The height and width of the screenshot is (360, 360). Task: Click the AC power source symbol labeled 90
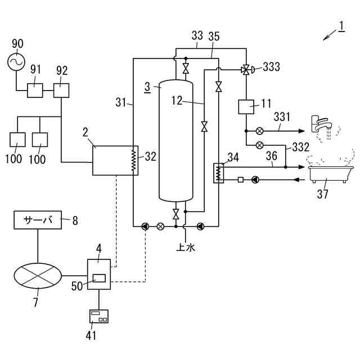[x=16, y=62]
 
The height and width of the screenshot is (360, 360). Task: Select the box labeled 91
[x=35, y=91]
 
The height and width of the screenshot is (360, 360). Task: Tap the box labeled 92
[x=61, y=91]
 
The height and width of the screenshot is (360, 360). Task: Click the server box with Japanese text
[x=38, y=220]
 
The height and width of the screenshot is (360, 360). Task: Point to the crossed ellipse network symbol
[x=38, y=276]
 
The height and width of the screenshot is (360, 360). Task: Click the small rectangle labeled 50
[x=99, y=278]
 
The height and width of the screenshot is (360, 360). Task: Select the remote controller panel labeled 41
[x=99, y=316]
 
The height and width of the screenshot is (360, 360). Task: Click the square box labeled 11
[x=246, y=107]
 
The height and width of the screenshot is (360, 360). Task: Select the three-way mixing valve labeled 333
[x=246, y=70]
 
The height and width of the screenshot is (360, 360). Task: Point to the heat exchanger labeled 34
[x=218, y=173]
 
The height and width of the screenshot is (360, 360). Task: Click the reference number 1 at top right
[x=341, y=26]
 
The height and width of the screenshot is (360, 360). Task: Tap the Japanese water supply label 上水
[x=186, y=247]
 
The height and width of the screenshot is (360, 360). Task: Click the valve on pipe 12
[x=204, y=126]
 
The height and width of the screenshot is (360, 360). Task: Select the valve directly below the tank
[x=176, y=214]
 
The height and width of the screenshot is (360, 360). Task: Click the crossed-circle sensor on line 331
[x=260, y=131]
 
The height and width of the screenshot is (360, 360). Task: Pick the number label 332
[x=301, y=147]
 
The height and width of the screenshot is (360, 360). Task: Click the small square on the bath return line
[x=240, y=179]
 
